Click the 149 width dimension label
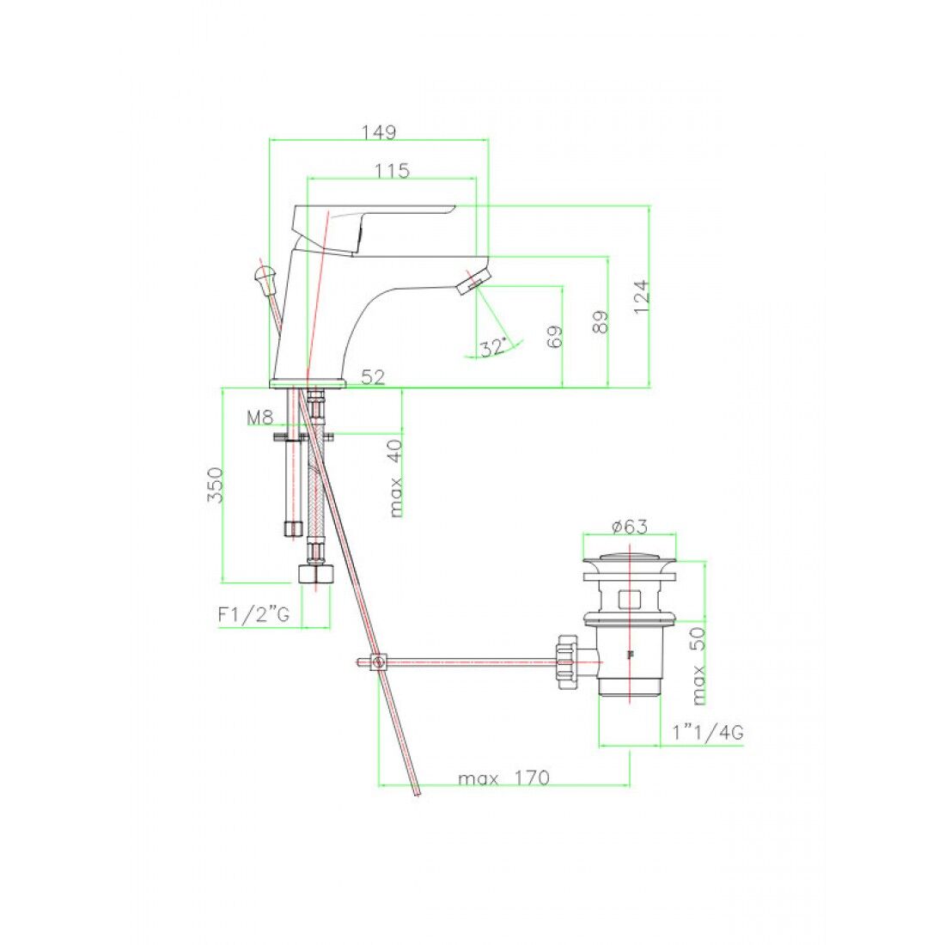(x=378, y=132)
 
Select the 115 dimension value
(x=392, y=171)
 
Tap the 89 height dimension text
(x=601, y=322)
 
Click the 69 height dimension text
(x=555, y=337)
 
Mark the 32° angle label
(x=493, y=348)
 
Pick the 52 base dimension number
(x=372, y=377)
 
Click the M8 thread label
(x=259, y=418)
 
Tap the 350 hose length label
(x=215, y=485)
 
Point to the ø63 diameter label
(x=629, y=527)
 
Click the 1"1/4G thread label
(x=708, y=733)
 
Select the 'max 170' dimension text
(x=503, y=778)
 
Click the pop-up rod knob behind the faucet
(x=263, y=276)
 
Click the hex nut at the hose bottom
(x=315, y=574)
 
